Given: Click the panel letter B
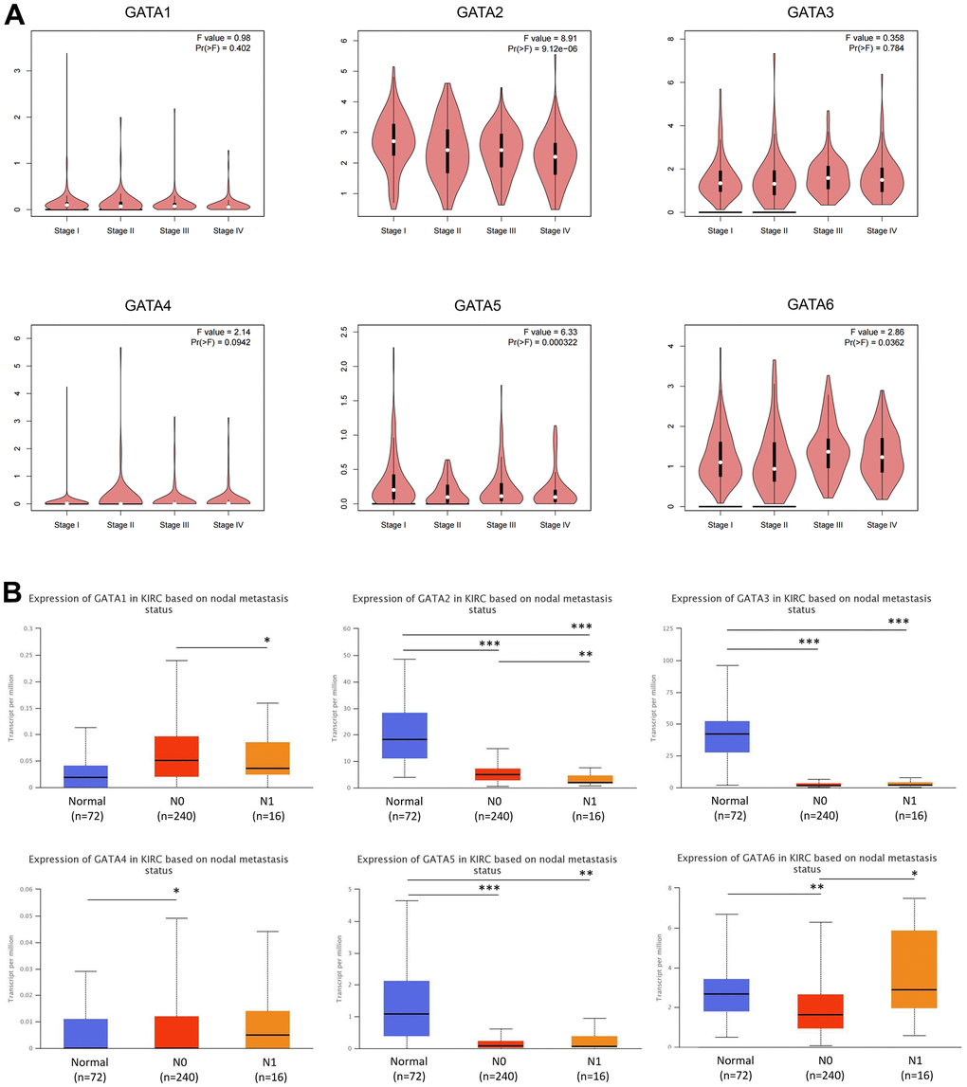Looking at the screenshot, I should (16, 594).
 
